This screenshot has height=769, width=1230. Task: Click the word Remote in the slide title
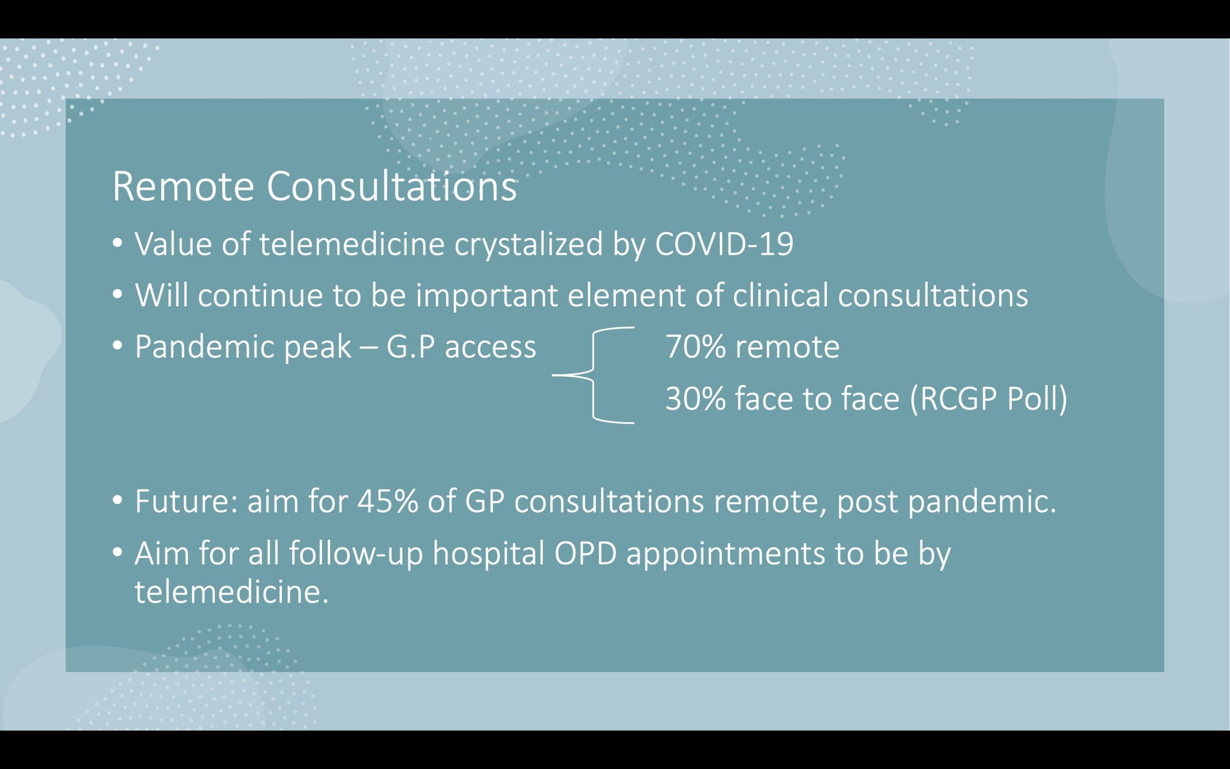tap(183, 186)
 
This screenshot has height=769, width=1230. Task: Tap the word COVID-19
tap(724, 244)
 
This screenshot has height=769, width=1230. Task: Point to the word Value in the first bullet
tap(173, 244)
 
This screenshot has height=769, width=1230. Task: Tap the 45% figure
tap(388, 501)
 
